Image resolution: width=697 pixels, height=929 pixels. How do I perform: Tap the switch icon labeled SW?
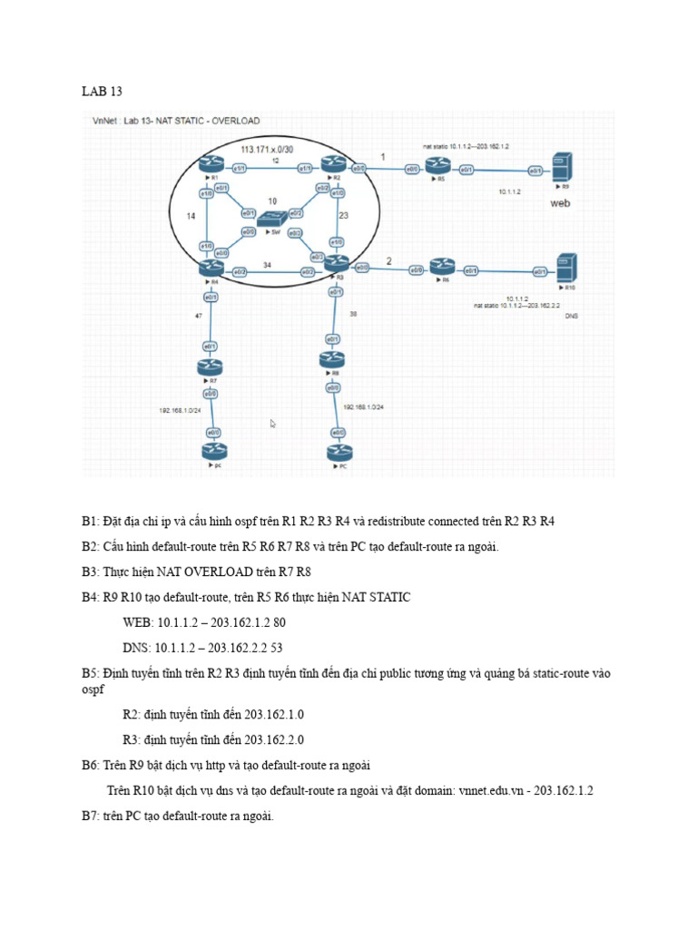270,218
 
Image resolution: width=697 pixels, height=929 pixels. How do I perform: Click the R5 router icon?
441,167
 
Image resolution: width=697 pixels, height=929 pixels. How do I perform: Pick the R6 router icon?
442,268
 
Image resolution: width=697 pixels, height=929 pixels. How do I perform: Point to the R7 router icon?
211,367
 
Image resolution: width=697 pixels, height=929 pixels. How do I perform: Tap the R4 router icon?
211,268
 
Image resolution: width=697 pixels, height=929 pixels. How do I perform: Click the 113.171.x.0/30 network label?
266,147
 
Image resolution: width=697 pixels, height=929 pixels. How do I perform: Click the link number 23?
343,216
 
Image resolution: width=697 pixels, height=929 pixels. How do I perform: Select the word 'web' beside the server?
561,204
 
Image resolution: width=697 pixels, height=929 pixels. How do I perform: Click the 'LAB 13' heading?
102,92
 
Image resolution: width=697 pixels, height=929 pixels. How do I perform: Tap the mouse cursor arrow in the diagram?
273,423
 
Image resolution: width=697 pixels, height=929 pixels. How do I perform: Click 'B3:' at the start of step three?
92,572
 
